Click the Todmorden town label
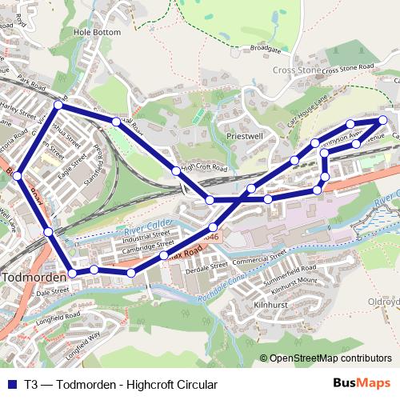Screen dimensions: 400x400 coord(32,277)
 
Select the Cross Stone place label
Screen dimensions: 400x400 coord(297,70)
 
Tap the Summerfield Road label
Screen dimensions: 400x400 coord(290,274)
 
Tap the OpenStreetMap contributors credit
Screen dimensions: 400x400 coord(330,359)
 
